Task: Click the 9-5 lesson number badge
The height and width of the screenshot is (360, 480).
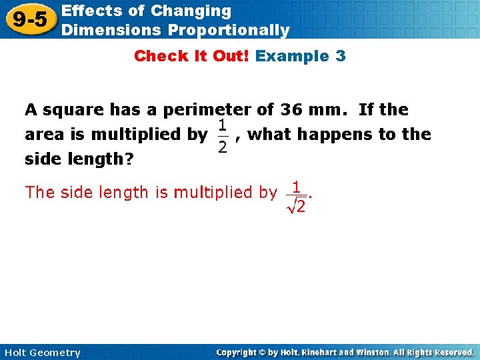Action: pyautogui.click(x=30, y=20)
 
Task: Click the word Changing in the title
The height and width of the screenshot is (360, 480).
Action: pyautogui.click(x=191, y=11)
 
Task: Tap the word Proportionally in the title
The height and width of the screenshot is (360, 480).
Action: pyautogui.click(x=229, y=30)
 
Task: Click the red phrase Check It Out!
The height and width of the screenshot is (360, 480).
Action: pyautogui.click(x=192, y=56)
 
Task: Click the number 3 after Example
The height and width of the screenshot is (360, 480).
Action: pyautogui.click(x=341, y=56)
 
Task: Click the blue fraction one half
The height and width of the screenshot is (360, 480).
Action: pyautogui.click(x=223, y=135)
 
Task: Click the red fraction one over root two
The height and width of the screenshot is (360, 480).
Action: pyautogui.click(x=296, y=198)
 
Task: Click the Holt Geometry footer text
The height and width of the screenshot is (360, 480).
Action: pyautogui.click(x=42, y=353)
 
